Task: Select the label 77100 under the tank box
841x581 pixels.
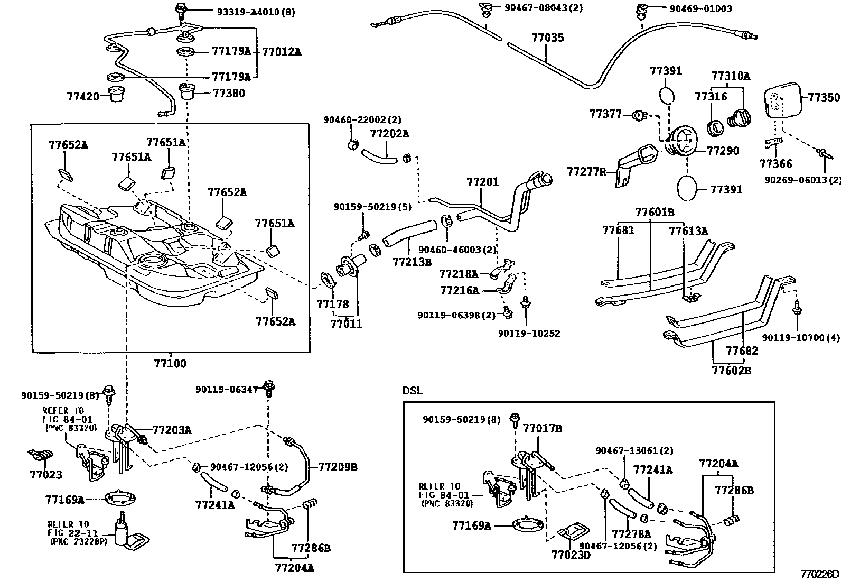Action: coord(170,364)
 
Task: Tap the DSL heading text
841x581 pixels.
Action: coord(413,391)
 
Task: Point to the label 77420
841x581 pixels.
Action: coord(83,97)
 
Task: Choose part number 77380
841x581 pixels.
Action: coord(228,93)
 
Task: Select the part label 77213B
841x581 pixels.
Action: coord(412,262)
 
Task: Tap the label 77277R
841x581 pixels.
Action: coord(586,172)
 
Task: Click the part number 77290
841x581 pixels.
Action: coord(723,151)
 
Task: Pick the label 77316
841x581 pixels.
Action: coord(711,96)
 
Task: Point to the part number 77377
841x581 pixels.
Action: coord(605,114)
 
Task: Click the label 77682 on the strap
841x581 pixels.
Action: coord(741,351)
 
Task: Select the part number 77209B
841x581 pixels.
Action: coord(338,467)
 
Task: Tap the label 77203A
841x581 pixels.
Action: coord(172,430)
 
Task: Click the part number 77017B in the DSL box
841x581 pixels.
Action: coord(542,428)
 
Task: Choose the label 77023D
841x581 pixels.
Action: coord(571,555)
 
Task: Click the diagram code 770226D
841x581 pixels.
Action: coord(819,574)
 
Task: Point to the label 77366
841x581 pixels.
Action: coord(775,164)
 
